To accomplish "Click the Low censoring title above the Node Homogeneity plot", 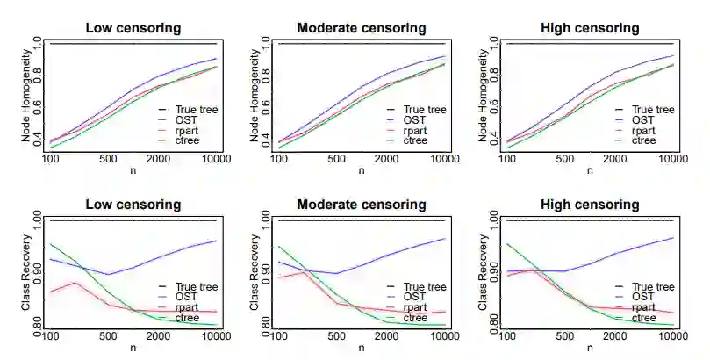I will point(133,28).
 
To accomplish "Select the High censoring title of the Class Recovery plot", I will point(590,205).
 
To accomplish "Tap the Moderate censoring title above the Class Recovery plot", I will point(362,205).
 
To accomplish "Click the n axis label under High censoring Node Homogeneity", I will point(590,170).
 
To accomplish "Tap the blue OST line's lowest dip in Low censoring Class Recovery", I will point(108,274).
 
